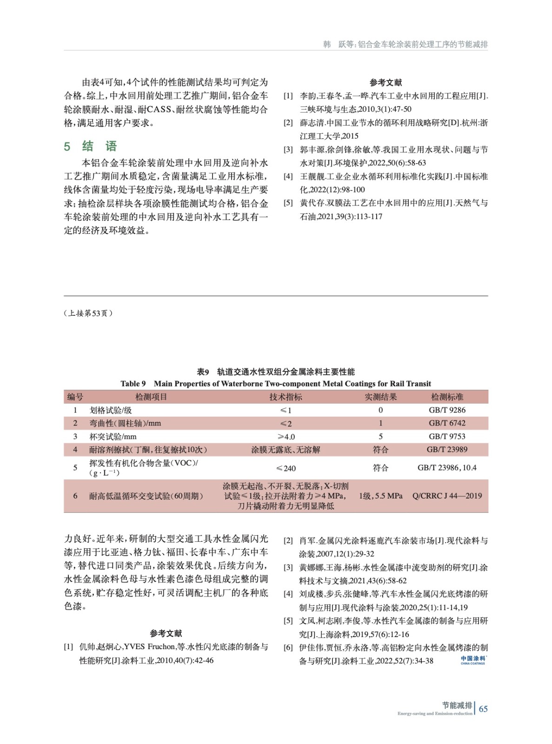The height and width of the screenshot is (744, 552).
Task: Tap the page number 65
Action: [483, 709]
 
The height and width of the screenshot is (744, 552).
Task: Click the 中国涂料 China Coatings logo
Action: [473, 660]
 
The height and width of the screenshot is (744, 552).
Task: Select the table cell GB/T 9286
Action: [447, 410]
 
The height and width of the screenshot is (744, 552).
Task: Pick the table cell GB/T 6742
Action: [447, 423]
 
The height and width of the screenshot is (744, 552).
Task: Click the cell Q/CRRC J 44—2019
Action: [447, 496]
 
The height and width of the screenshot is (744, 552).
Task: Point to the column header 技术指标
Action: [286, 397]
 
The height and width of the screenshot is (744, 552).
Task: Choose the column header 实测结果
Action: [380, 397]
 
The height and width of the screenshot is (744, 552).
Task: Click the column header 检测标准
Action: [447, 397]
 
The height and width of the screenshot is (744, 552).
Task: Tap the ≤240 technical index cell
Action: [286, 468]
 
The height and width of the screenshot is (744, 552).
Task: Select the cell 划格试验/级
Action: [111, 410]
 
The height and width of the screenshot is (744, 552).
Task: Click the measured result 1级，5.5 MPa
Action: [380, 496]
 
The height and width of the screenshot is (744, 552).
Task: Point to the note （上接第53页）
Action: [88, 313]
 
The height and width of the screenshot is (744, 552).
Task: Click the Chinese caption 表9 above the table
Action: [203, 372]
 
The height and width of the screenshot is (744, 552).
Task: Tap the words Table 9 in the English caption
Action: [133, 384]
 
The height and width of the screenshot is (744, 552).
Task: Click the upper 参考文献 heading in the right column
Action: [386, 83]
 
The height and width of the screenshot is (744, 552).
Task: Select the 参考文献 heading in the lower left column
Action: [166, 633]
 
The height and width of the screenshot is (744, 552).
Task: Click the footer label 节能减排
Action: [457, 705]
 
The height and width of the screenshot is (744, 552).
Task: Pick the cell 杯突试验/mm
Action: [113, 437]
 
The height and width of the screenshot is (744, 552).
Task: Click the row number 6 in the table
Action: [75, 496]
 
